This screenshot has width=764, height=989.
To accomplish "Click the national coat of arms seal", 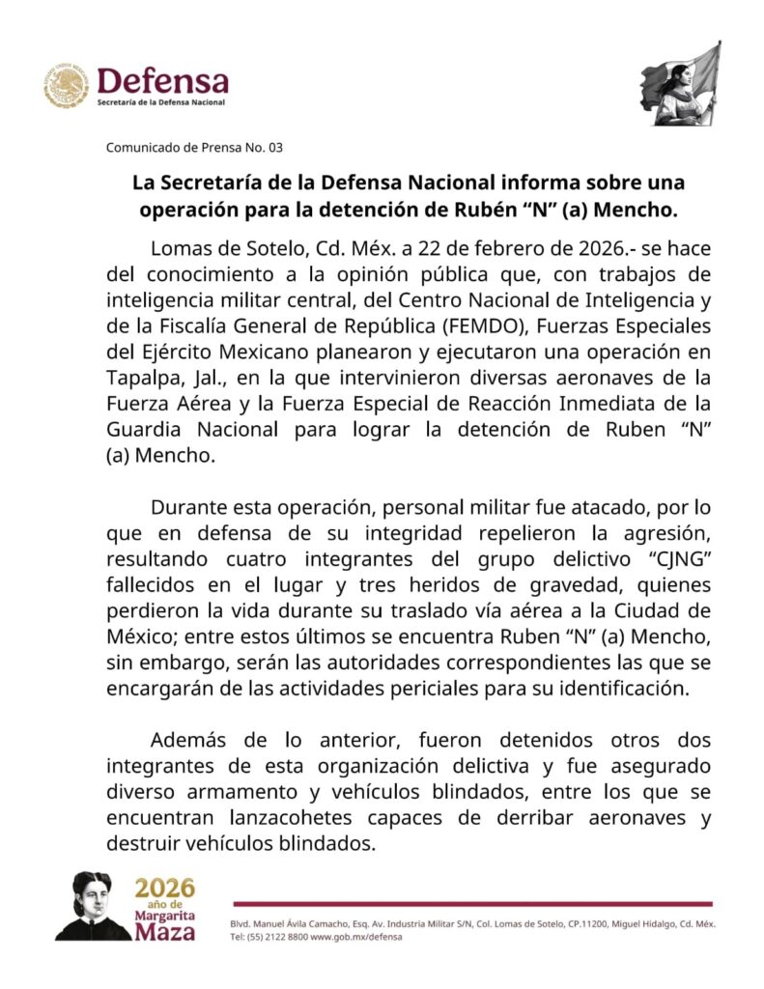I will click(66, 86).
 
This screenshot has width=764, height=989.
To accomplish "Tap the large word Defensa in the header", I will click(163, 81).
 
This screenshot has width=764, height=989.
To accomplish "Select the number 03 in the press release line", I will click(276, 148).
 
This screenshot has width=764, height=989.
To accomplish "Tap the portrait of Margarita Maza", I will click(92, 905).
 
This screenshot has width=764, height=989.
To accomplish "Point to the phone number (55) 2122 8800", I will click(283, 937).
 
